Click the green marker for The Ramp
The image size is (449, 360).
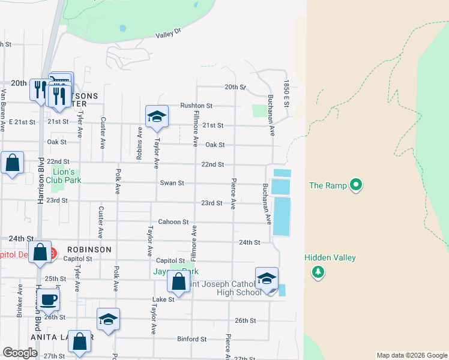coord(356,185)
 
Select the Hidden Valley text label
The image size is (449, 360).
coord(330,258)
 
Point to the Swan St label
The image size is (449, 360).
coord(172,183)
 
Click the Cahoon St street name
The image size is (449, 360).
coord(173,222)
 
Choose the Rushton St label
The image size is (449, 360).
coord(196,106)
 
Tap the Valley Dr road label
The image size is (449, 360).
coord(168,35)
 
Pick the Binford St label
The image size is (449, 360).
coord(192,339)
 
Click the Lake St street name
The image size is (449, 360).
coord(163,299)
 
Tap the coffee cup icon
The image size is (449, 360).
coord(48,299)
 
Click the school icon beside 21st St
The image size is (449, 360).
coord(157,116)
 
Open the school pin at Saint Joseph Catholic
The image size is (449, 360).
coord(267,278)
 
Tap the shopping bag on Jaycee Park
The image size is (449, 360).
coord(179,280)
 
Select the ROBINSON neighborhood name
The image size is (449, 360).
coord(89,249)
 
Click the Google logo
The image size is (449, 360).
coord(20,353)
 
